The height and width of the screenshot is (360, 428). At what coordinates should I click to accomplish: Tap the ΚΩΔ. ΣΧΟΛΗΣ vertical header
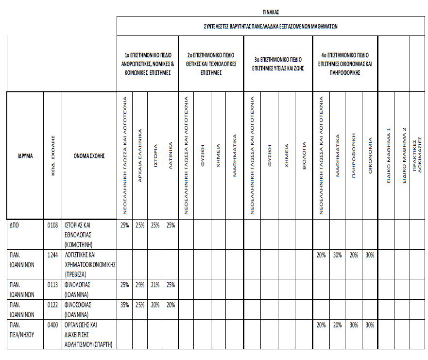53,154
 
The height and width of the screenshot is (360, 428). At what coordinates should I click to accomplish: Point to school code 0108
52,225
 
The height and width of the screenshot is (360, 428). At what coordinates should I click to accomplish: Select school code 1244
52,255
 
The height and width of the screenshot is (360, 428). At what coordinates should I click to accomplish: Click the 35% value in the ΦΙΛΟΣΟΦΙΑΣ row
124,305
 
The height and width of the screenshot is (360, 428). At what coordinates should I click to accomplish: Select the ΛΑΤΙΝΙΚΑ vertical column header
171,155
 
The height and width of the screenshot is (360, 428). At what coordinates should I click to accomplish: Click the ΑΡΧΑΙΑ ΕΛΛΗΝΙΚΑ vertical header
140,154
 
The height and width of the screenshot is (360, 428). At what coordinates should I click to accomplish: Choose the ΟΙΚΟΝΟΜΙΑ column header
370,155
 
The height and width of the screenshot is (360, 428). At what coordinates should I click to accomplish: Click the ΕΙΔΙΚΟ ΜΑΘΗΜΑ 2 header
403,155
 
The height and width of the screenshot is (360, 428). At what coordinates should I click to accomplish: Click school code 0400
52,325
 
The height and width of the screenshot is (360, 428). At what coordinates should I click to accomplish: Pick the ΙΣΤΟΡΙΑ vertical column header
155,155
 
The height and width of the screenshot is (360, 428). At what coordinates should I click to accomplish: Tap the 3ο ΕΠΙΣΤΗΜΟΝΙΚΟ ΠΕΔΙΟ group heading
278,64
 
